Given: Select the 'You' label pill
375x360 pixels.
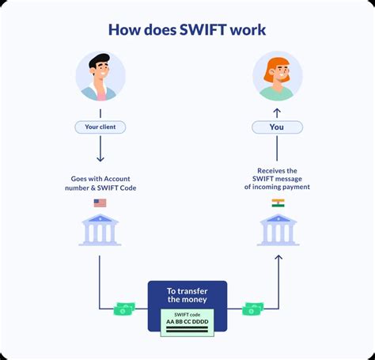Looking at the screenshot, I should (276, 127).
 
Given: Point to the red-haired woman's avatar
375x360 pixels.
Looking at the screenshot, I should (276, 77).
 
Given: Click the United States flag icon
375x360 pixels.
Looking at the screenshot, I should (100, 203).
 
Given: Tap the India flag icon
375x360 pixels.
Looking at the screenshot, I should (278, 203).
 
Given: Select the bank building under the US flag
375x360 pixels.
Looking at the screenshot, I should (99, 230).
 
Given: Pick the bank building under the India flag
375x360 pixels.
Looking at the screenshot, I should (277, 230).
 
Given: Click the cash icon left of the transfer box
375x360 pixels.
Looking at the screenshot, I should (126, 308).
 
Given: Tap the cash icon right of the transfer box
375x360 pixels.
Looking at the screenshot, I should (253, 308).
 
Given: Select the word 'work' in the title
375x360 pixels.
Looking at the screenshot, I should (244, 29).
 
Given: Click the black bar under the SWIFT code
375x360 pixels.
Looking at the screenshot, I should (187, 331).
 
